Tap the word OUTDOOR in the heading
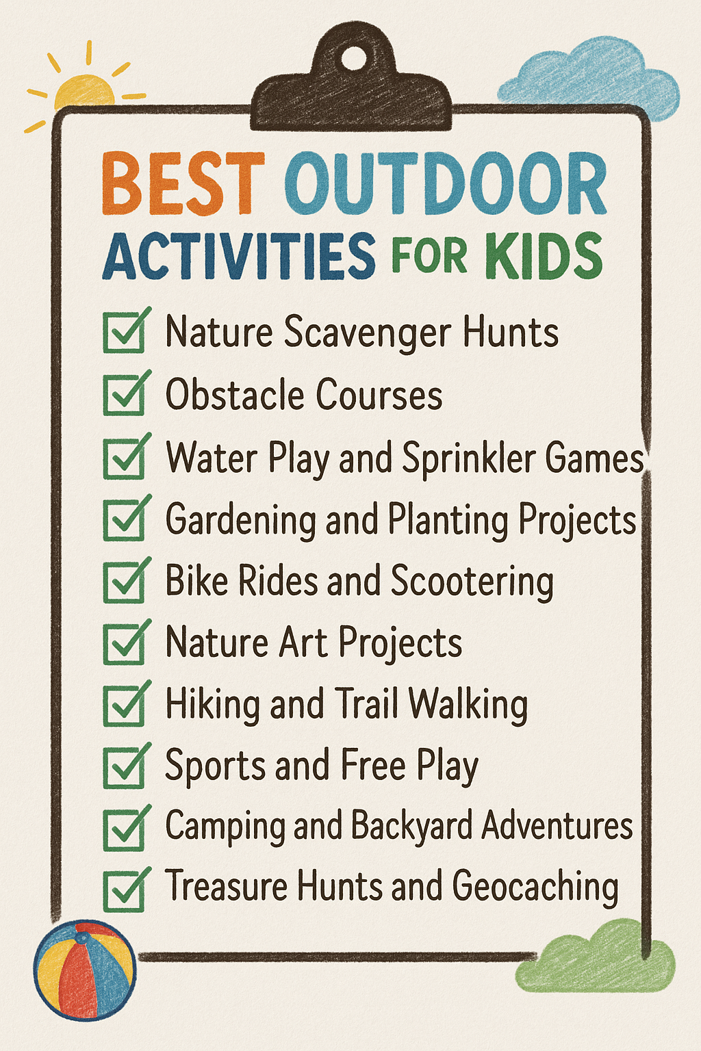pyautogui.click(x=446, y=184)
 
